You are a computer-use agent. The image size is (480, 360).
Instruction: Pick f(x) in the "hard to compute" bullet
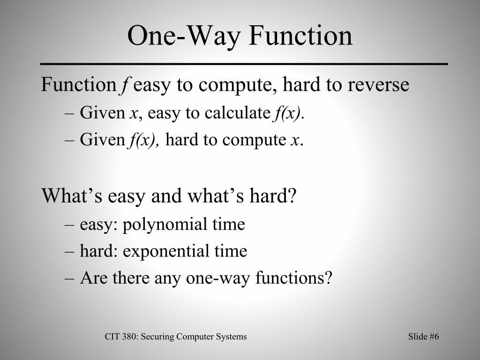(x=143, y=140)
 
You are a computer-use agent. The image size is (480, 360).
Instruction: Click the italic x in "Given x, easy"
(x=133, y=113)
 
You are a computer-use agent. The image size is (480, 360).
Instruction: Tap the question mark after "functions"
(x=328, y=278)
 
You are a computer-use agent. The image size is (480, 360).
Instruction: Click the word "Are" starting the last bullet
(x=90, y=278)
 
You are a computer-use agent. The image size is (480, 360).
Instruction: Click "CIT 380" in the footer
(x=120, y=337)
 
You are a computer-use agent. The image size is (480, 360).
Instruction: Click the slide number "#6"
(x=434, y=337)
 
